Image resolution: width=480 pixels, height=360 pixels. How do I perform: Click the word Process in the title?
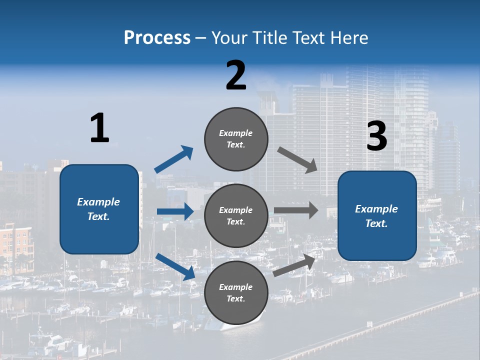point(157,38)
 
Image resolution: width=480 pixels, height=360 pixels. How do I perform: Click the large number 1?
point(99,128)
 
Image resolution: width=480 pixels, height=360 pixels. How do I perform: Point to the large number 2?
point(236,75)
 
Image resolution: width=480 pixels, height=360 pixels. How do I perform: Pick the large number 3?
point(376,136)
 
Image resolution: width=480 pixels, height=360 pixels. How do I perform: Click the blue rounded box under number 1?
point(99,209)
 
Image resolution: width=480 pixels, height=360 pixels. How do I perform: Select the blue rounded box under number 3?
point(377,215)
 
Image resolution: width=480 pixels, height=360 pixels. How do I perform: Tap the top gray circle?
point(236,139)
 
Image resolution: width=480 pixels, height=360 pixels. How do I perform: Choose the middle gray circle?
point(236,215)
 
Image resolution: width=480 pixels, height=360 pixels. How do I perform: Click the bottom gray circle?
point(236,292)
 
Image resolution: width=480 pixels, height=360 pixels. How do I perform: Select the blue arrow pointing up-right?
point(174,159)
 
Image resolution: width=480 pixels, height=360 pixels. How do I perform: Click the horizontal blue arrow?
point(175,211)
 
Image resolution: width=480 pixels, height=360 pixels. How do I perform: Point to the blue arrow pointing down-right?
point(175,266)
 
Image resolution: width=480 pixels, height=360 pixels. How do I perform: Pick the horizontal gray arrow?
point(296,210)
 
